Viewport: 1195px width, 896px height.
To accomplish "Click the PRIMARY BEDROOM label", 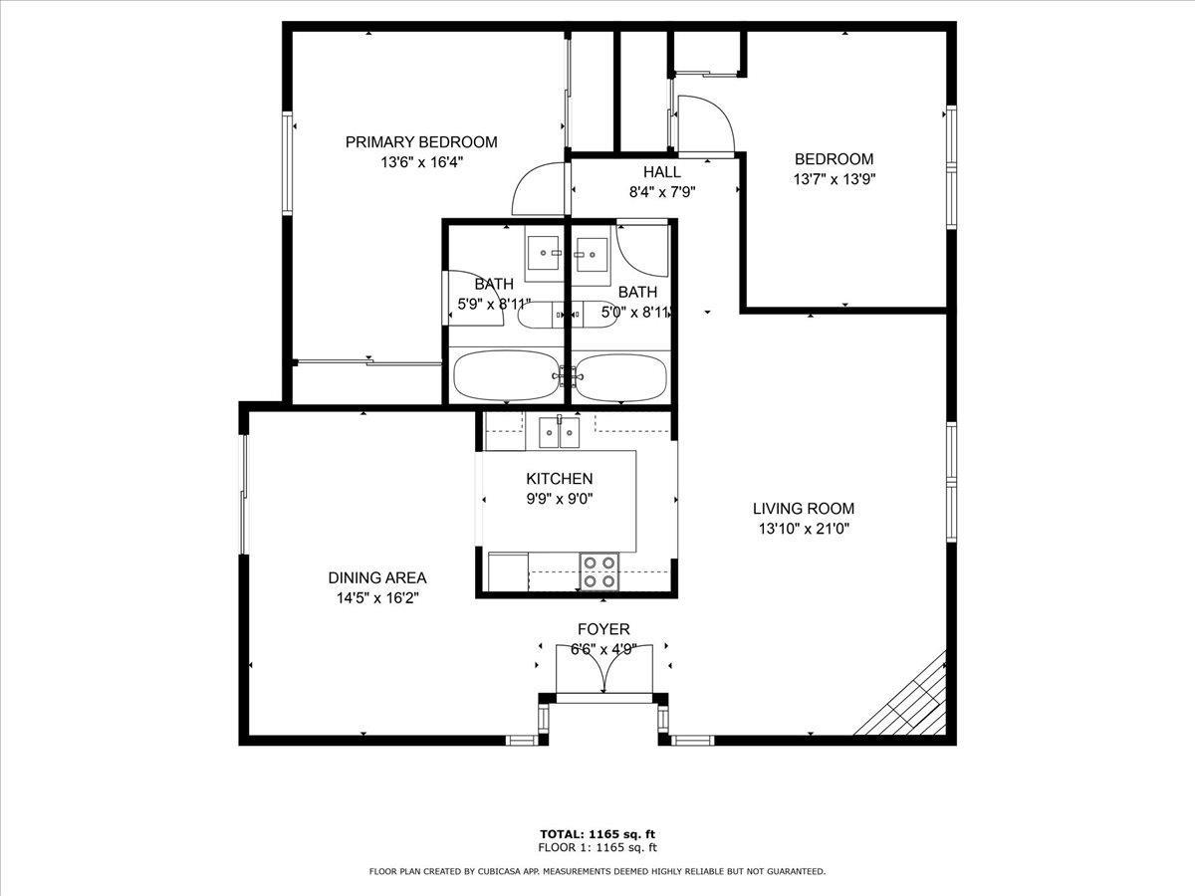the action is coord(421,142).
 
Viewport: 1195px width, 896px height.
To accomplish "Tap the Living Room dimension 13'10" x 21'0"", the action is coord(804,529).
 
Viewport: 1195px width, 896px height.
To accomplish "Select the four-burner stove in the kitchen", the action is coord(599,571).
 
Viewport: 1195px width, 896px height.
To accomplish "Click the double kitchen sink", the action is coord(559,432).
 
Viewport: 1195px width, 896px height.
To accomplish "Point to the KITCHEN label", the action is coord(559,479).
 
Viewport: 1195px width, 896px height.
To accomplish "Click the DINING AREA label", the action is coord(377,577).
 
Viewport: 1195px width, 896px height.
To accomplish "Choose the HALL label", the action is coord(662,172).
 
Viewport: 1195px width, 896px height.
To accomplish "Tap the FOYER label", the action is coord(603,629).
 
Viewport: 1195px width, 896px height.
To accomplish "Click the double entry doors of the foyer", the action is coord(604,669).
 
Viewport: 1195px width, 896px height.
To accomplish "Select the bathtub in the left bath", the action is coord(506,376).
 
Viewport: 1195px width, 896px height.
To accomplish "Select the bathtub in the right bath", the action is coord(620,378).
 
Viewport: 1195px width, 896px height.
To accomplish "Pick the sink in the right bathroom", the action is coord(592,255).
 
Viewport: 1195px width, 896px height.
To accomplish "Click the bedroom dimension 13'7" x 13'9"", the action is coord(835,179).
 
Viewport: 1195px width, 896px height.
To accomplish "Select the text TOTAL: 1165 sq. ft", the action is coord(597,833).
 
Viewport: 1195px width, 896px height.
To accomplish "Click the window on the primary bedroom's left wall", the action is coord(287,163).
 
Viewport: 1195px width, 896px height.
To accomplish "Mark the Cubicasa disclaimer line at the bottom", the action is coord(597,871).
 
